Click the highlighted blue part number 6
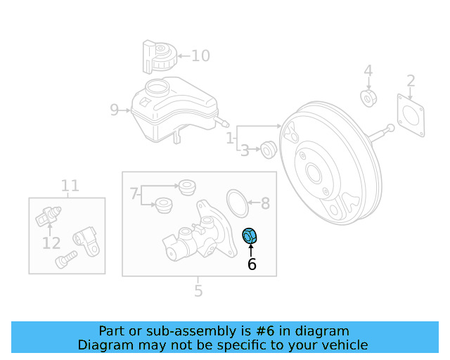coord(250,237)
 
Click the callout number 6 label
coord(252,265)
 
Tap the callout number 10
coord(200,56)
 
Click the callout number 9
coord(115,110)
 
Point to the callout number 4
coord(368,71)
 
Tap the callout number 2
coord(411,81)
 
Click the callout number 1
coord(230,140)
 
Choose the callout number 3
coord(245,150)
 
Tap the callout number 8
coord(265,204)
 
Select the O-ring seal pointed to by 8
coord(239,203)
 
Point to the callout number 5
coord(198,290)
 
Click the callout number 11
coord(70,186)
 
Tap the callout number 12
coord(51,243)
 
